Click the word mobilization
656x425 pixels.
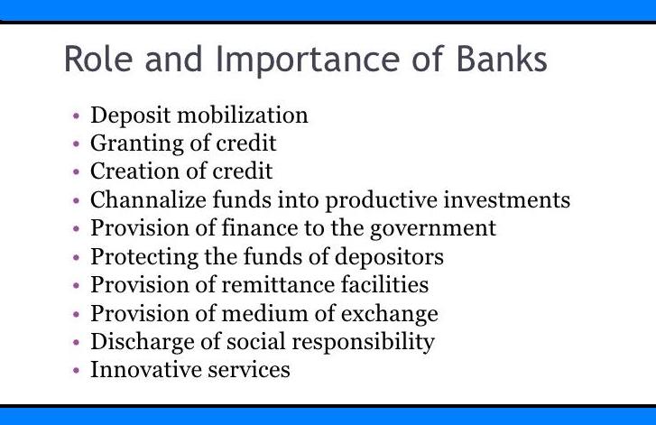coord(246,115)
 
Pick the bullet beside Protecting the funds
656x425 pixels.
coord(77,258)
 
